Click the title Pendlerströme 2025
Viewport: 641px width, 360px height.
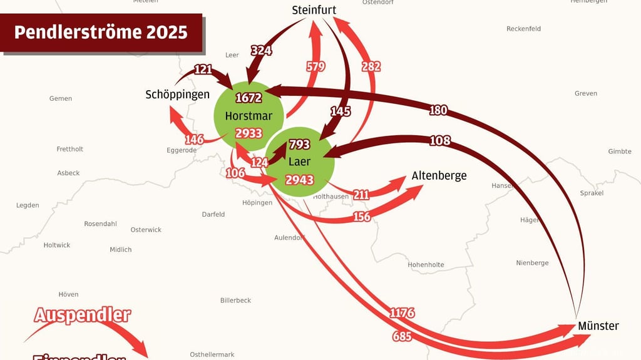tap(101, 33)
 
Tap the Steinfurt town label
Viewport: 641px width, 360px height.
tap(314, 10)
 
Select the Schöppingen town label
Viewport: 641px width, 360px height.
tap(177, 95)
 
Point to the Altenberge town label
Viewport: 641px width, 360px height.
tap(439, 176)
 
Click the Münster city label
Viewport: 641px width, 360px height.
tap(598, 326)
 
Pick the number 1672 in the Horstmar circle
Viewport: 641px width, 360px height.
tap(249, 98)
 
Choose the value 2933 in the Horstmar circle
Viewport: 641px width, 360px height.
tap(249, 133)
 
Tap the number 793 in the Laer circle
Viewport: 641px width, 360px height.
tap(299, 145)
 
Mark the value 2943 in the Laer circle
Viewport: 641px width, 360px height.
tap(299, 180)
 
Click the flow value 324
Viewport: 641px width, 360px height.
tap(261, 51)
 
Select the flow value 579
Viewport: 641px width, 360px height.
tap(316, 66)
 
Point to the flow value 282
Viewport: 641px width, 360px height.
tap(371, 66)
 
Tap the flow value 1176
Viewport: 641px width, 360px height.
tap(402, 313)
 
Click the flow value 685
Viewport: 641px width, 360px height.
tap(402, 337)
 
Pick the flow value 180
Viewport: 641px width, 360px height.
tap(438, 110)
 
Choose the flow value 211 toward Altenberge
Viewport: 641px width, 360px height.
tap(361, 195)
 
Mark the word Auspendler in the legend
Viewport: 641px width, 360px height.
tap(82, 315)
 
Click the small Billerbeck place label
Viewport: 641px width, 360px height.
tap(235, 301)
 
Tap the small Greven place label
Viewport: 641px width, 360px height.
tap(586, 93)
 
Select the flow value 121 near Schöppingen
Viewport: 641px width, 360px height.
tap(203, 69)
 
